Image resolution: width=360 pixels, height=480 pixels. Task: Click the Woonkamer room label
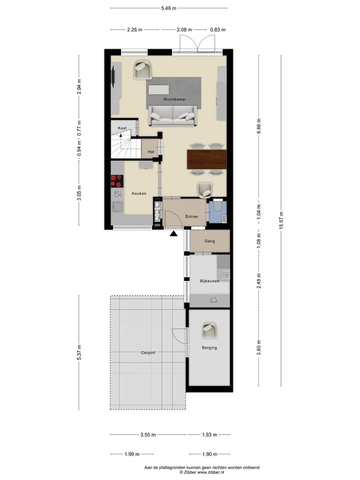coord(174,99)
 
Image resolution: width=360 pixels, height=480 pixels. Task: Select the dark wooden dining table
coord(206,159)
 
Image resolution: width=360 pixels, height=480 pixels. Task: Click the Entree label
coord(191,216)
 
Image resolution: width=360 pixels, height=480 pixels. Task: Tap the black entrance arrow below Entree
coord(173,233)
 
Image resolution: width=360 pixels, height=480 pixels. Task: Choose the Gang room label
coord(209,241)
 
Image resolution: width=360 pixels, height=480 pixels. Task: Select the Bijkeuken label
coord(209,281)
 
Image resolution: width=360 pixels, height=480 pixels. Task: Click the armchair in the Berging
coord(209,330)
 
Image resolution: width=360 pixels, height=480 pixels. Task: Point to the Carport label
coord(147,353)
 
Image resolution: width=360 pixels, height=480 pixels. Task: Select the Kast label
coord(122,128)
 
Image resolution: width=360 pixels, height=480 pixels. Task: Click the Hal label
coord(150,152)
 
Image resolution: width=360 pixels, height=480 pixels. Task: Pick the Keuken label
coord(139,193)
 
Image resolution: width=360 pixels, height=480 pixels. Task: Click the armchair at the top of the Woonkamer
coord(142,70)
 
